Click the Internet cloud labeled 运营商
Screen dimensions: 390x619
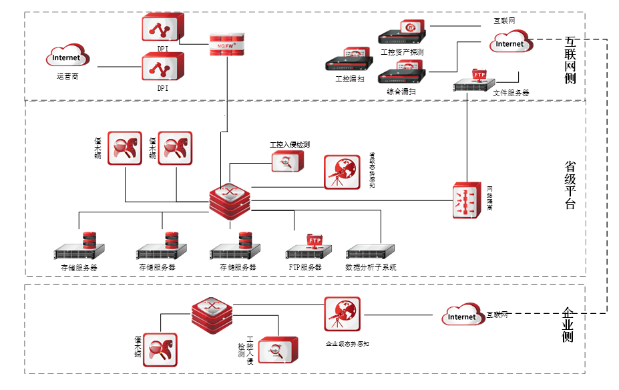pyautogui.click(x=67, y=56)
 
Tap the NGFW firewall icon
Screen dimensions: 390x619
pyautogui.click(x=226, y=44)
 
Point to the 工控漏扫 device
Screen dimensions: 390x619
pyautogui.click(x=349, y=61)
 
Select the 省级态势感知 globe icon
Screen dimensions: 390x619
pyautogui.click(x=341, y=172)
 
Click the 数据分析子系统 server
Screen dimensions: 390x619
pyautogui.click(x=371, y=252)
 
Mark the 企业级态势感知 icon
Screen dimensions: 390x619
pyautogui.click(x=343, y=314)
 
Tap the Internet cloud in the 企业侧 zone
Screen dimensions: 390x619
pyautogui.click(x=463, y=315)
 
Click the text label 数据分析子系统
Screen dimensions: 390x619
pyautogui.click(x=371, y=267)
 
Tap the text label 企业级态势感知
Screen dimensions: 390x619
pyautogui.click(x=347, y=344)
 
